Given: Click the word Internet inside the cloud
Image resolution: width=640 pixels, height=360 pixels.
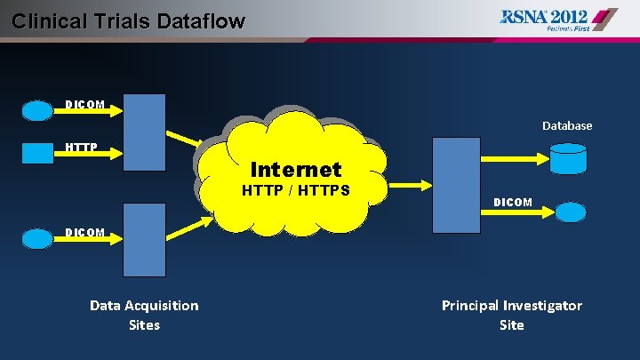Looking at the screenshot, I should pos(296,169).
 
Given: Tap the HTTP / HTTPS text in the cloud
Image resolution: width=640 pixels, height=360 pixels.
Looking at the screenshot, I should pos(296,191).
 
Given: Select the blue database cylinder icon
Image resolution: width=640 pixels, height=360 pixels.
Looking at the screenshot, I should pos(568,157).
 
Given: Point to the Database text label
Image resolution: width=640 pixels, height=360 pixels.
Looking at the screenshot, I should pos(567,126).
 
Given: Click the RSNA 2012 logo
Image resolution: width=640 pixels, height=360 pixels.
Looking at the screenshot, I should pos(558,19).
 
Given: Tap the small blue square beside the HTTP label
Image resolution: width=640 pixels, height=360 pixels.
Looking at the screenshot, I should pos(38,153).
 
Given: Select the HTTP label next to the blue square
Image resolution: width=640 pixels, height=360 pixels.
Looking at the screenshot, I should pos(81,147).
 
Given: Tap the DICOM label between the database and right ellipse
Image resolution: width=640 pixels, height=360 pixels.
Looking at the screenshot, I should pos(513,203).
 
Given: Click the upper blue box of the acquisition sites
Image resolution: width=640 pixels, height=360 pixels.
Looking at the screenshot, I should pos(144,132).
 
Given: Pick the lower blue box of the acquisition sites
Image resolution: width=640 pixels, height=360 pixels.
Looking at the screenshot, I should pos(144,239).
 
